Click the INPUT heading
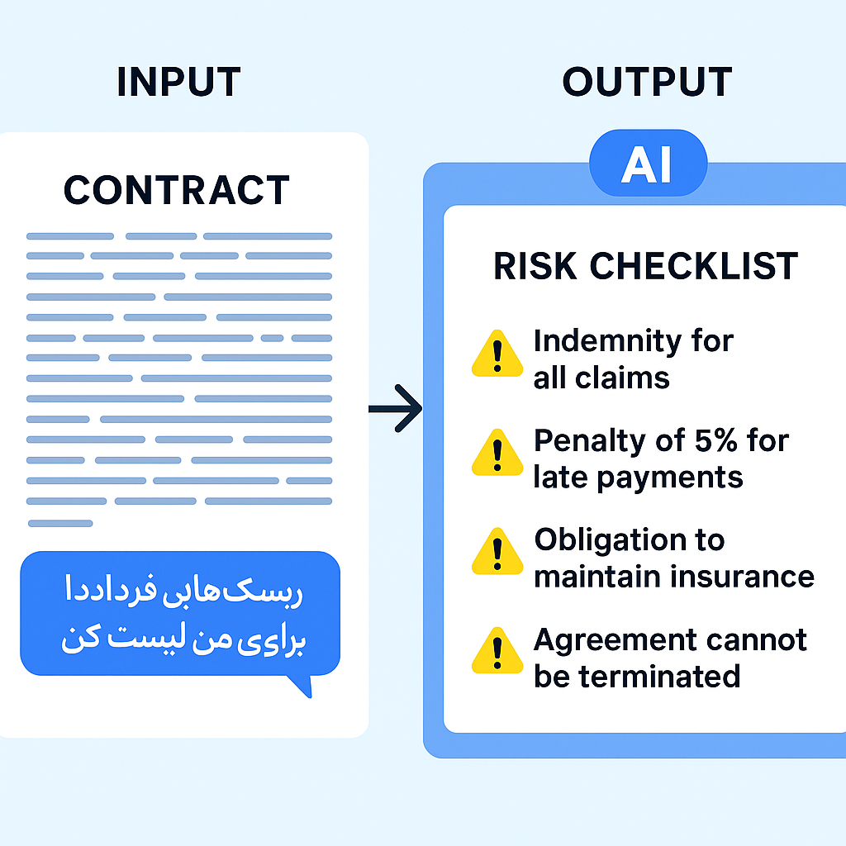coord(178,83)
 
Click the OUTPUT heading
coord(647,83)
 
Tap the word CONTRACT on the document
coord(177,190)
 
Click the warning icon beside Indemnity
coord(497,354)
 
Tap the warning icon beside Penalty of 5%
coord(497,454)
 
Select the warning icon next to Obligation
coord(497,553)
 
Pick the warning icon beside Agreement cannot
coord(497,651)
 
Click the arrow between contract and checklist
coord(397,408)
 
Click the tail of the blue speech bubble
coord(302,686)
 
